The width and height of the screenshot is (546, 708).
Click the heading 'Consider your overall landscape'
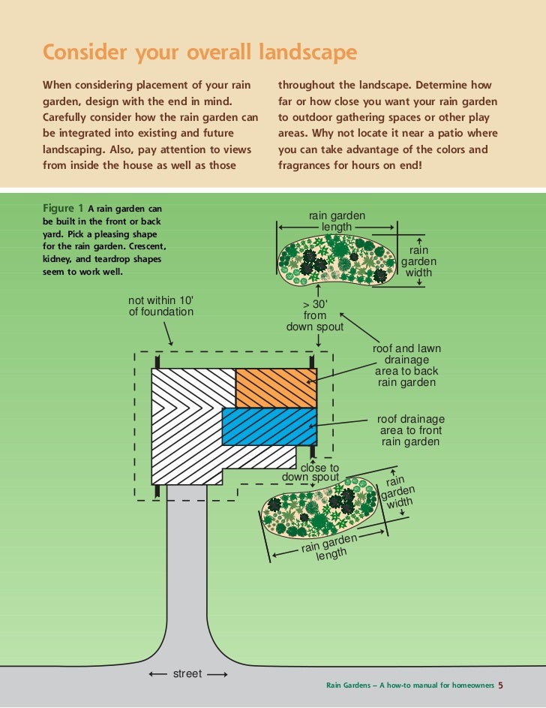[x=199, y=53]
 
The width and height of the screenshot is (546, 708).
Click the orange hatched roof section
[x=275, y=388]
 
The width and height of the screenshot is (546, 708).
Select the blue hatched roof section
[x=269, y=426]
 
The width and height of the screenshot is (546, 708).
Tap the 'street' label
[x=187, y=673]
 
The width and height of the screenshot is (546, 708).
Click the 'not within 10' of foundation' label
[x=160, y=306]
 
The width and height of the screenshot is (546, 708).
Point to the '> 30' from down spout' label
[x=315, y=315]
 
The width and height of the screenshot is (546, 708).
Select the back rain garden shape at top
[x=335, y=258]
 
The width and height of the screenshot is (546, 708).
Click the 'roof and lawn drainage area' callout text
[x=406, y=366]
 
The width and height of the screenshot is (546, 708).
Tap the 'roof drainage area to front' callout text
[x=411, y=430]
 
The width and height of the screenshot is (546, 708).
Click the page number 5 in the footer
[x=500, y=685]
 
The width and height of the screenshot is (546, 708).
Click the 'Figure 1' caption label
[x=63, y=208]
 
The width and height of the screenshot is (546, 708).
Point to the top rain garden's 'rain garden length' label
[x=337, y=221]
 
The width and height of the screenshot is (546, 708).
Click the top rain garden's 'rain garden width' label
[x=418, y=261]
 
